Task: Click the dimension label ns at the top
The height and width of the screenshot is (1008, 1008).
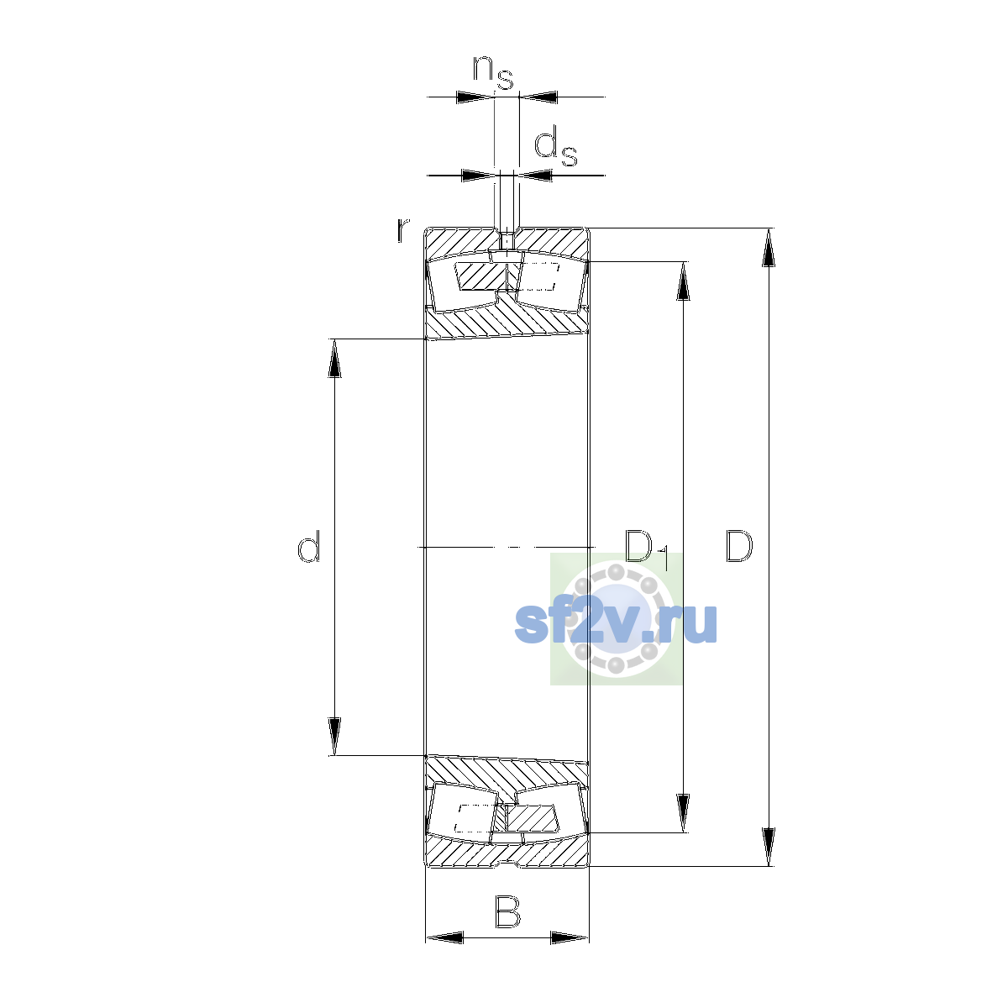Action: click(x=493, y=72)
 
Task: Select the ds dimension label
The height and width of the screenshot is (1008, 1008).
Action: click(x=555, y=149)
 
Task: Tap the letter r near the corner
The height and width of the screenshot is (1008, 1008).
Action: click(x=402, y=230)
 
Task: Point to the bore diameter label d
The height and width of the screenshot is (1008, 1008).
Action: click(x=308, y=546)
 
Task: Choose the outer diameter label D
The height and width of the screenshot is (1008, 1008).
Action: click(x=739, y=546)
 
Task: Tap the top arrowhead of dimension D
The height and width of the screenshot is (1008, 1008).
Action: click(x=768, y=248)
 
